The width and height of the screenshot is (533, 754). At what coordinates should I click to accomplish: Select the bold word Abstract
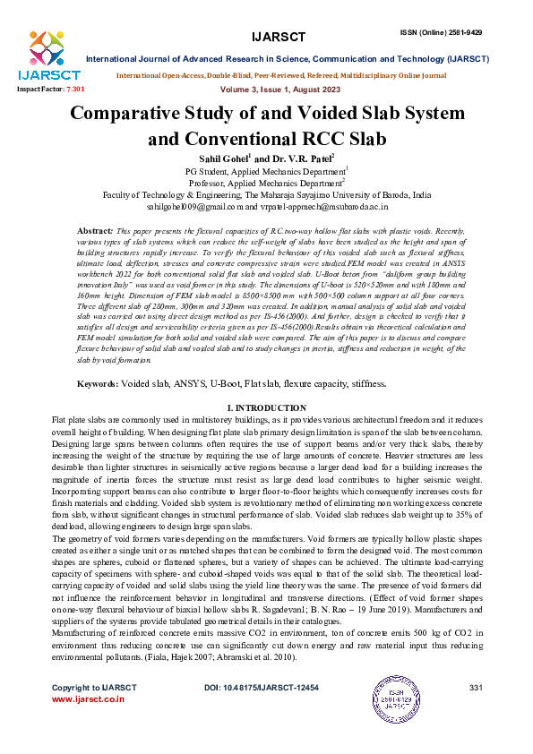[x=95, y=231]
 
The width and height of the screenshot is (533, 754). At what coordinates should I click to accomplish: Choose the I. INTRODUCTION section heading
[x=266, y=433]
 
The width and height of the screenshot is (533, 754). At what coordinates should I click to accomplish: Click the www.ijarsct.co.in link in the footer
[x=88, y=698]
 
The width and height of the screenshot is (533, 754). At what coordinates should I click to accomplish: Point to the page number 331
[x=476, y=687]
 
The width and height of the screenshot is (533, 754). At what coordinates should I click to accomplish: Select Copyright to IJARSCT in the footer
[x=94, y=687]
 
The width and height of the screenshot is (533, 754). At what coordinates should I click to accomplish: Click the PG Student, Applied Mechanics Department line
[x=265, y=170]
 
